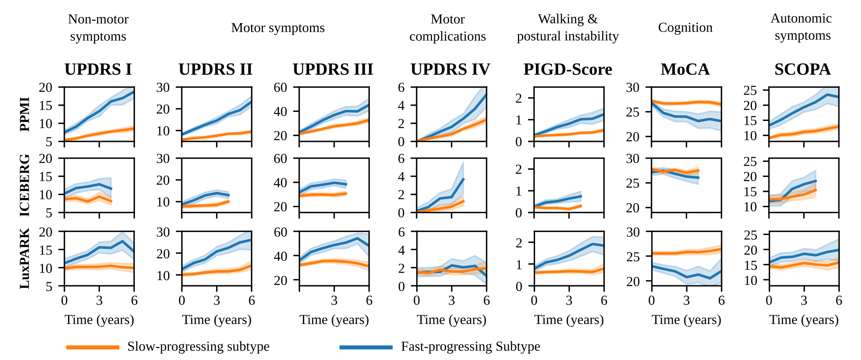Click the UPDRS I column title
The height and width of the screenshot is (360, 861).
point(98,69)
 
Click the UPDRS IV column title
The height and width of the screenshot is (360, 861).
point(450,69)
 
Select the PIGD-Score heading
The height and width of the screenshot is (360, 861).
point(567,69)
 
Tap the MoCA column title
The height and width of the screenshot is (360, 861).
point(685,69)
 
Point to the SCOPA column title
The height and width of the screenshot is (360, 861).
point(802,69)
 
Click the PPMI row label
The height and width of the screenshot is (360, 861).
point(25,114)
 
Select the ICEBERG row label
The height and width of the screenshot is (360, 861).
point(25,185)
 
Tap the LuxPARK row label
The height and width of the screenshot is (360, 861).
point(25,259)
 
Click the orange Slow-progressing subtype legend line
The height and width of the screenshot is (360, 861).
point(93,347)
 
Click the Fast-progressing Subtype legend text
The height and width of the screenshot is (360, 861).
point(470,346)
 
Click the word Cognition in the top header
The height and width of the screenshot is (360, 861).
point(685,27)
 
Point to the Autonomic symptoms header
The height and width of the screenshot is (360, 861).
point(802,27)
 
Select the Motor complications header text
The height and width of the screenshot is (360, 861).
point(447,28)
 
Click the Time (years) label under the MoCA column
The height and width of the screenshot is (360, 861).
point(686,320)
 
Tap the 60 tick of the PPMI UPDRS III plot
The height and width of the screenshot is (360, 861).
point(280,87)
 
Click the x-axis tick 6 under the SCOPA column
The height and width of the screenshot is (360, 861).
point(839,301)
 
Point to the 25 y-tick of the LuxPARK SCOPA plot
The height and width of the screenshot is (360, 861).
point(750,235)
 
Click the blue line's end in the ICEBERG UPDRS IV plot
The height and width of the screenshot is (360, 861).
point(463,179)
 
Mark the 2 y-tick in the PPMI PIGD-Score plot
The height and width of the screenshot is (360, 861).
point(519,98)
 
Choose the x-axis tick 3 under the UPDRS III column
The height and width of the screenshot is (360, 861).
point(334,301)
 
